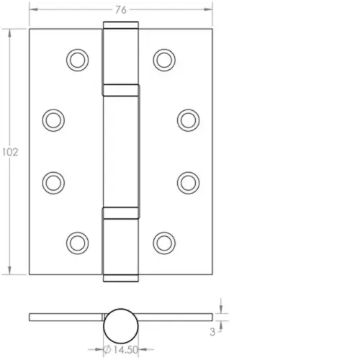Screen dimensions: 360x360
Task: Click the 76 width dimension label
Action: [x=122, y=9]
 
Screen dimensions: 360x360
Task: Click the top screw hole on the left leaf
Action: [x=76, y=59]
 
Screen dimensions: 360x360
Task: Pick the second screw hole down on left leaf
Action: [x=53, y=118]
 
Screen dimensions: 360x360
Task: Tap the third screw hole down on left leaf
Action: [x=53, y=181]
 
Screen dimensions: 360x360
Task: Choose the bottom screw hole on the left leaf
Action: [x=76, y=240]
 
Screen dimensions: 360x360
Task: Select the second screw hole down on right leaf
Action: [x=188, y=118]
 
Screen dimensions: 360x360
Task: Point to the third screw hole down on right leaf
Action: [x=188, y=181]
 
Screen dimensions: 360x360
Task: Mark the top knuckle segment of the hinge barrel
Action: [x=120, y=55]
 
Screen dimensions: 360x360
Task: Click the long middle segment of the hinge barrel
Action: [x=120, y=151]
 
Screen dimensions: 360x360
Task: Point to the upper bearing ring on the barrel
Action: [x=120, y=91]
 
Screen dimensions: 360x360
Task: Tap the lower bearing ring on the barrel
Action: [x=120, y=212]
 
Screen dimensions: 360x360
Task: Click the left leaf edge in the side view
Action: [x=65, y=317]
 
